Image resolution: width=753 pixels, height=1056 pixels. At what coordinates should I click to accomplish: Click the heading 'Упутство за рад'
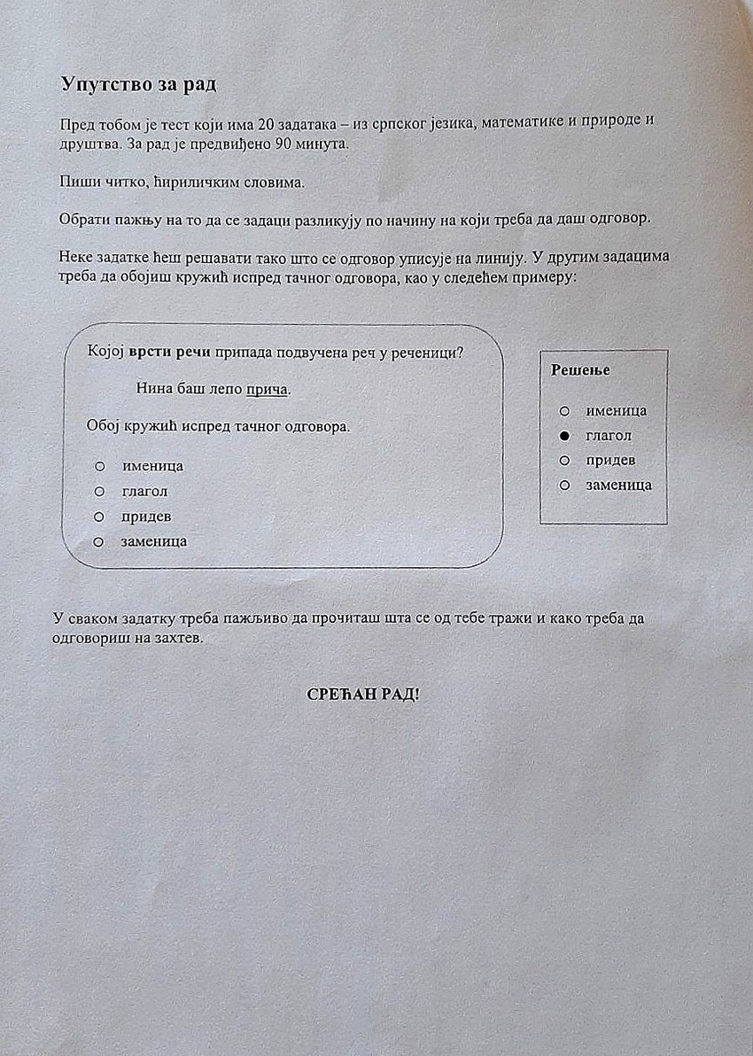point(138,85)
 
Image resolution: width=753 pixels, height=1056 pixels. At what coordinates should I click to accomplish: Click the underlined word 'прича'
point(268,390)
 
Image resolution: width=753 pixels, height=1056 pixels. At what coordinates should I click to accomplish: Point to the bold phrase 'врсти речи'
point(170,352)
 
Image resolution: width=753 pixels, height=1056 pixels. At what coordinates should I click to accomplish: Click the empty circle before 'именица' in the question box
point(99,466)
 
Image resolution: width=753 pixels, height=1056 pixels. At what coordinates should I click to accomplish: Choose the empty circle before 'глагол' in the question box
point(99,491)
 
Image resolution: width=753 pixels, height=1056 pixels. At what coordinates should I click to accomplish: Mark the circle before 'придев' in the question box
point(99,516)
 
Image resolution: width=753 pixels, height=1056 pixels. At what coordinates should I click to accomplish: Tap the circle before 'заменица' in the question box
point(99,540)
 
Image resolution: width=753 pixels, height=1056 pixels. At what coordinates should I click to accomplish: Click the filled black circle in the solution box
point(563,436)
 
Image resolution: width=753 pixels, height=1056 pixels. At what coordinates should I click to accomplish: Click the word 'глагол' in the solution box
point(609,436)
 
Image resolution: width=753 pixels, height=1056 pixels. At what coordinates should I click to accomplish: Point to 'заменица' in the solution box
point(618,485)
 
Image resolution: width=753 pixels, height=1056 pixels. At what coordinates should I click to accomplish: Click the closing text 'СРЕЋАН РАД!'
point(363,694)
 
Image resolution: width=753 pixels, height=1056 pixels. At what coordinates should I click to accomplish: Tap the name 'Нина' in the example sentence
point(154,389)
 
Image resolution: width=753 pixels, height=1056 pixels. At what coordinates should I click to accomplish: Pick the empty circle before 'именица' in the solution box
point(563,411)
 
